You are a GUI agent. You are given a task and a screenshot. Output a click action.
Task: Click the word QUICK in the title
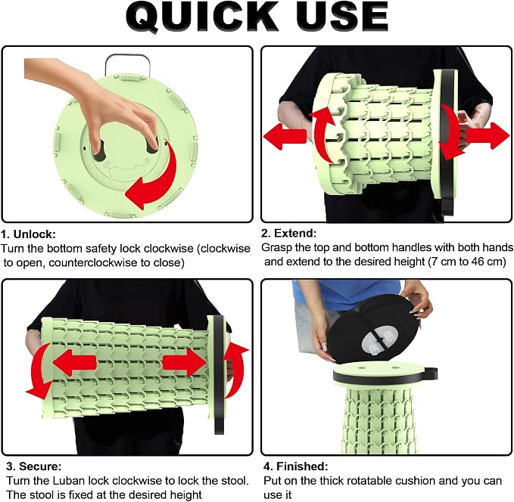coord(202,17)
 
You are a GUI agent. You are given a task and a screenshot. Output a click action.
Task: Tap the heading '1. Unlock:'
coord(29,234)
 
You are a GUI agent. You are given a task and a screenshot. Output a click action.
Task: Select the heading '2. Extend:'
coord(288,233)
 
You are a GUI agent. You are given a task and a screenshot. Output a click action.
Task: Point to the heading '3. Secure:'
coord(34,466)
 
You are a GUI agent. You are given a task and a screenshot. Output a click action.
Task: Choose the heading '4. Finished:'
coord(296,466)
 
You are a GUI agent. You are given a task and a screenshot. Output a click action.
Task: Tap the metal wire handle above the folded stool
coord(127,64)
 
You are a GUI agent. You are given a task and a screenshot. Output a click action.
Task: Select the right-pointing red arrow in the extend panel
coord(488,135)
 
